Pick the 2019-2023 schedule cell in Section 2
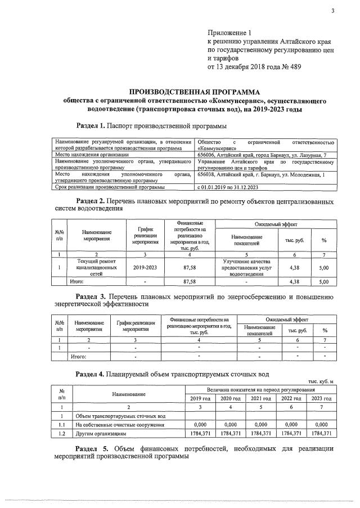click(x=145, y=268)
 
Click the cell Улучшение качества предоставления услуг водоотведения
click(x=247, y=268)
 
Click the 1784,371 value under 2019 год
click(x=200, y=434)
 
